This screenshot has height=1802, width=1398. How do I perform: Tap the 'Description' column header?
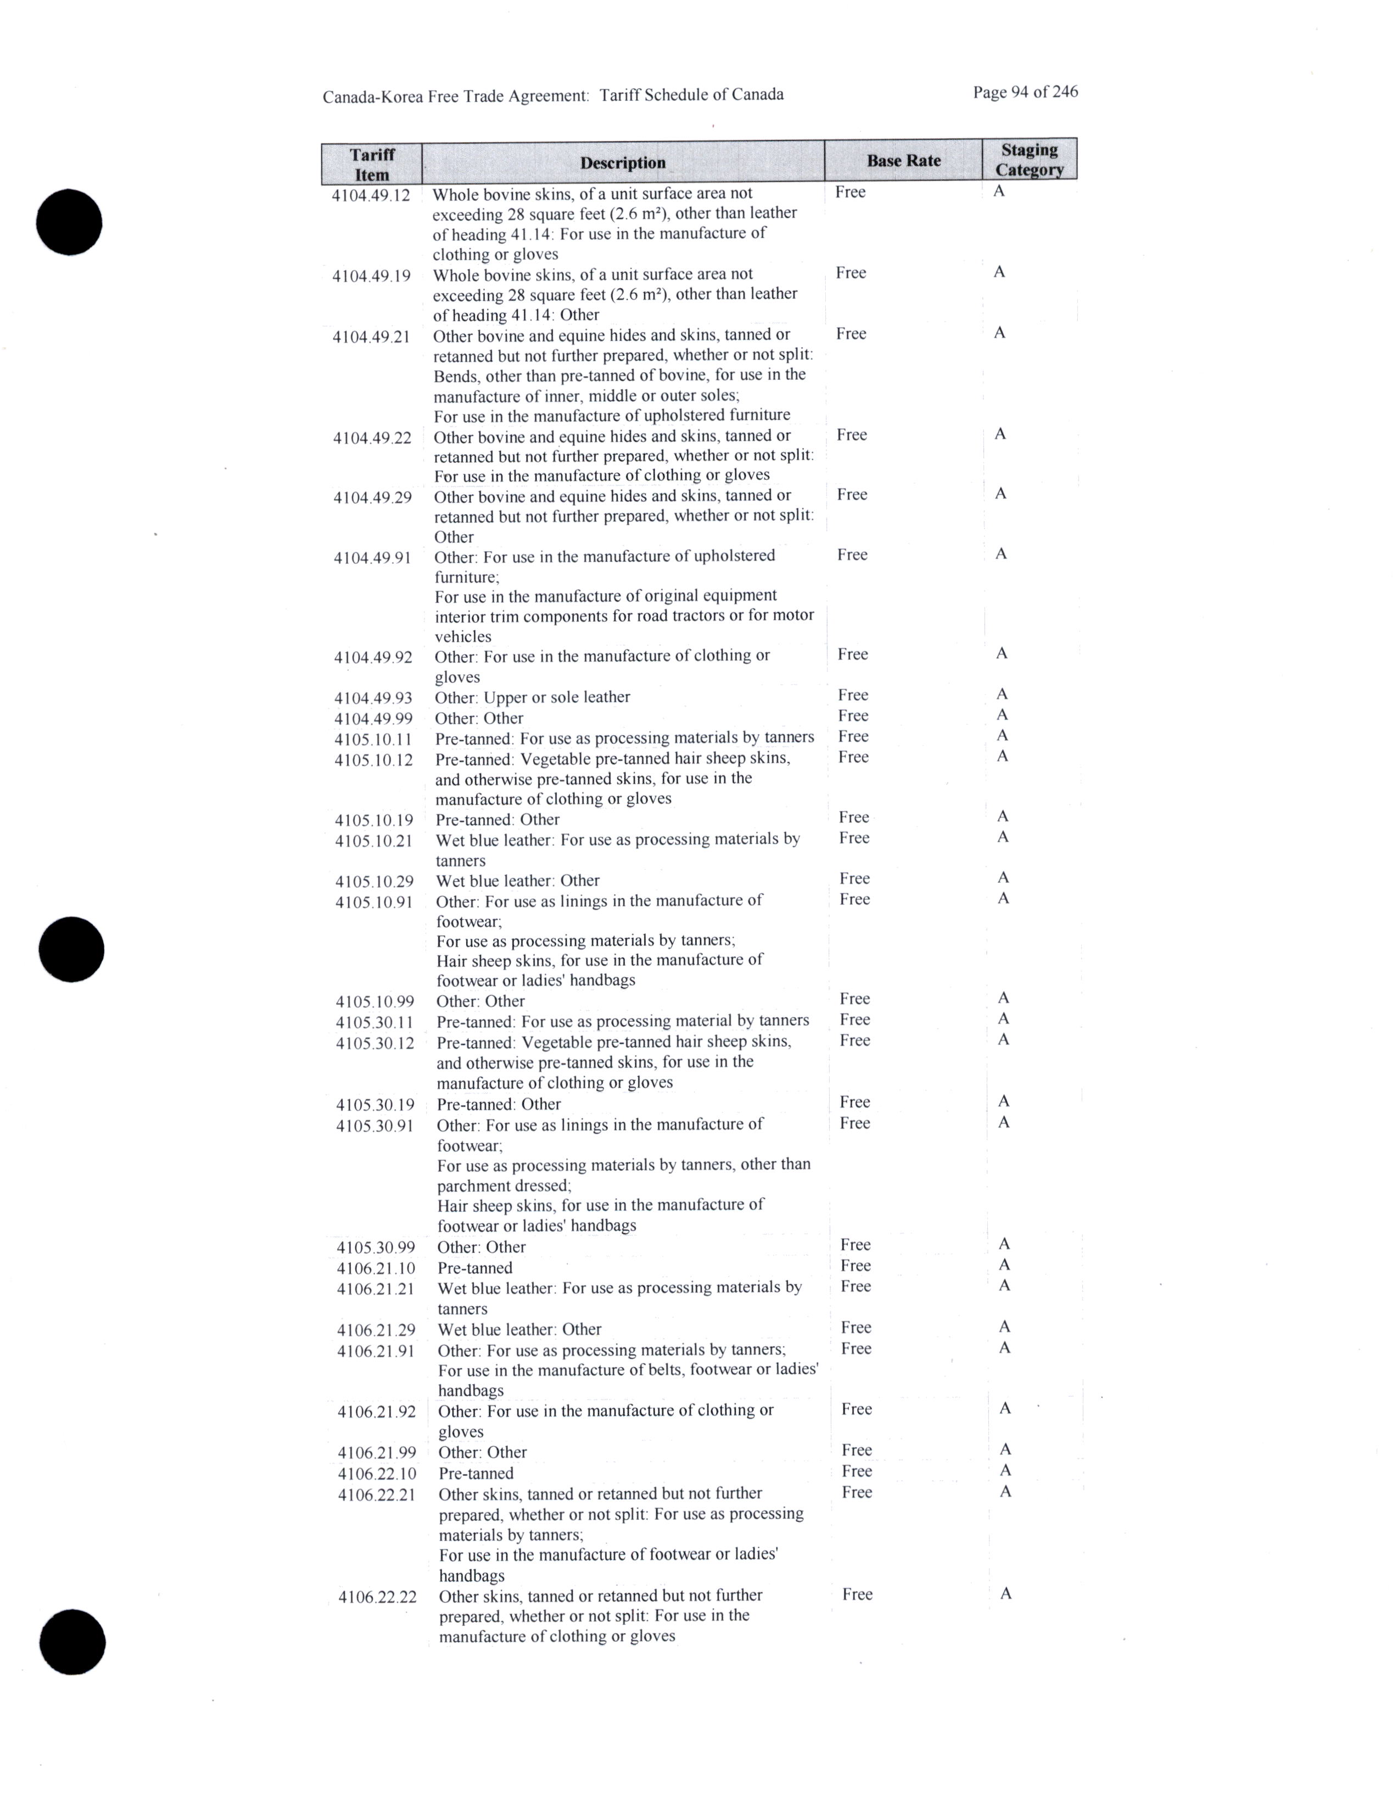pyautogui.click(x=622, y=163)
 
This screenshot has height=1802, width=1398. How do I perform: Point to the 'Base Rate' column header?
pyautogui.click(x=903, y=160)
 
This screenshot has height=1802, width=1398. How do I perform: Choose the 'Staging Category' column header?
pyautogui.click(x=1029, y=159)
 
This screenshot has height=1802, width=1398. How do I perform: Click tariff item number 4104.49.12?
pyautogui.click(x=371, y=195)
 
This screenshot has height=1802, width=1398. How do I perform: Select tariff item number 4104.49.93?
pyautogui.click(x=373, y=698)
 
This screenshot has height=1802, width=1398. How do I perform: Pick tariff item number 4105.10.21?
pyautogui.click(x=374, y=841)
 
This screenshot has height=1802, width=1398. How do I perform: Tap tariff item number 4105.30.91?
pyautogui.click(x=374, y=1126)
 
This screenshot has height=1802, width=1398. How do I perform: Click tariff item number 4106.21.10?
pyautogui.click(x=376, y=1268)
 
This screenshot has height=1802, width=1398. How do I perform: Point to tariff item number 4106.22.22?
pyautogui.click(x=377, y=1597)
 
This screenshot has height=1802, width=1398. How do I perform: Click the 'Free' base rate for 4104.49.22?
pyautogui.click(x=851, y=435)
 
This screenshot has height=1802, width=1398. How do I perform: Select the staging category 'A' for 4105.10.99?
pyautogui.click(x=1003, y=998)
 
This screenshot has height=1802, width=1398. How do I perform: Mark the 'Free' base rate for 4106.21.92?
pyautogui.click(x=856, y=1409)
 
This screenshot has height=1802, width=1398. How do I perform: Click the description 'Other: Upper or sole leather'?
pyautogui.click(x=532, y=697)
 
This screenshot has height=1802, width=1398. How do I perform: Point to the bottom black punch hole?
pyautogui.click(x=72, y=1641)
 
